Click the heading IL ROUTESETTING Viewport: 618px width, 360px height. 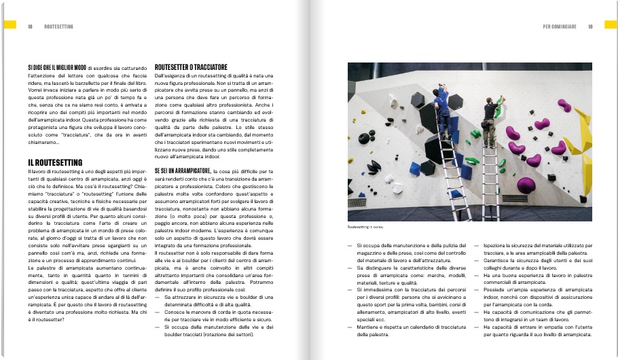click(55, 163)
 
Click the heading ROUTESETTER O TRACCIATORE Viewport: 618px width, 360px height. click(191, 67)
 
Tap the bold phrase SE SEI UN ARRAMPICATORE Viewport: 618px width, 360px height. click(183, 170)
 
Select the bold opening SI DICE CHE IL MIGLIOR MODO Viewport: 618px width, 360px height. click(57, 68)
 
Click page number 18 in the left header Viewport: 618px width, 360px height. click(30, 27)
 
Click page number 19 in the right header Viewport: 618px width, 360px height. click(590, 27)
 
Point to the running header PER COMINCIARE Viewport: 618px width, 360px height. click(560, 27)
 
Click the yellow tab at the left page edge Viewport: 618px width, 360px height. click(8, 24)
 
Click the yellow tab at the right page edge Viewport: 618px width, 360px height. click(610, 24)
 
